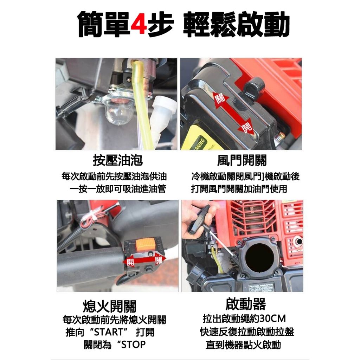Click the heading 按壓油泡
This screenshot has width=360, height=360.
(x=118, y=160)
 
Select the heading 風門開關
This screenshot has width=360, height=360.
(x=242, y=160)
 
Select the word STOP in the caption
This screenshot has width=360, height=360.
(x=133, y=345)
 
